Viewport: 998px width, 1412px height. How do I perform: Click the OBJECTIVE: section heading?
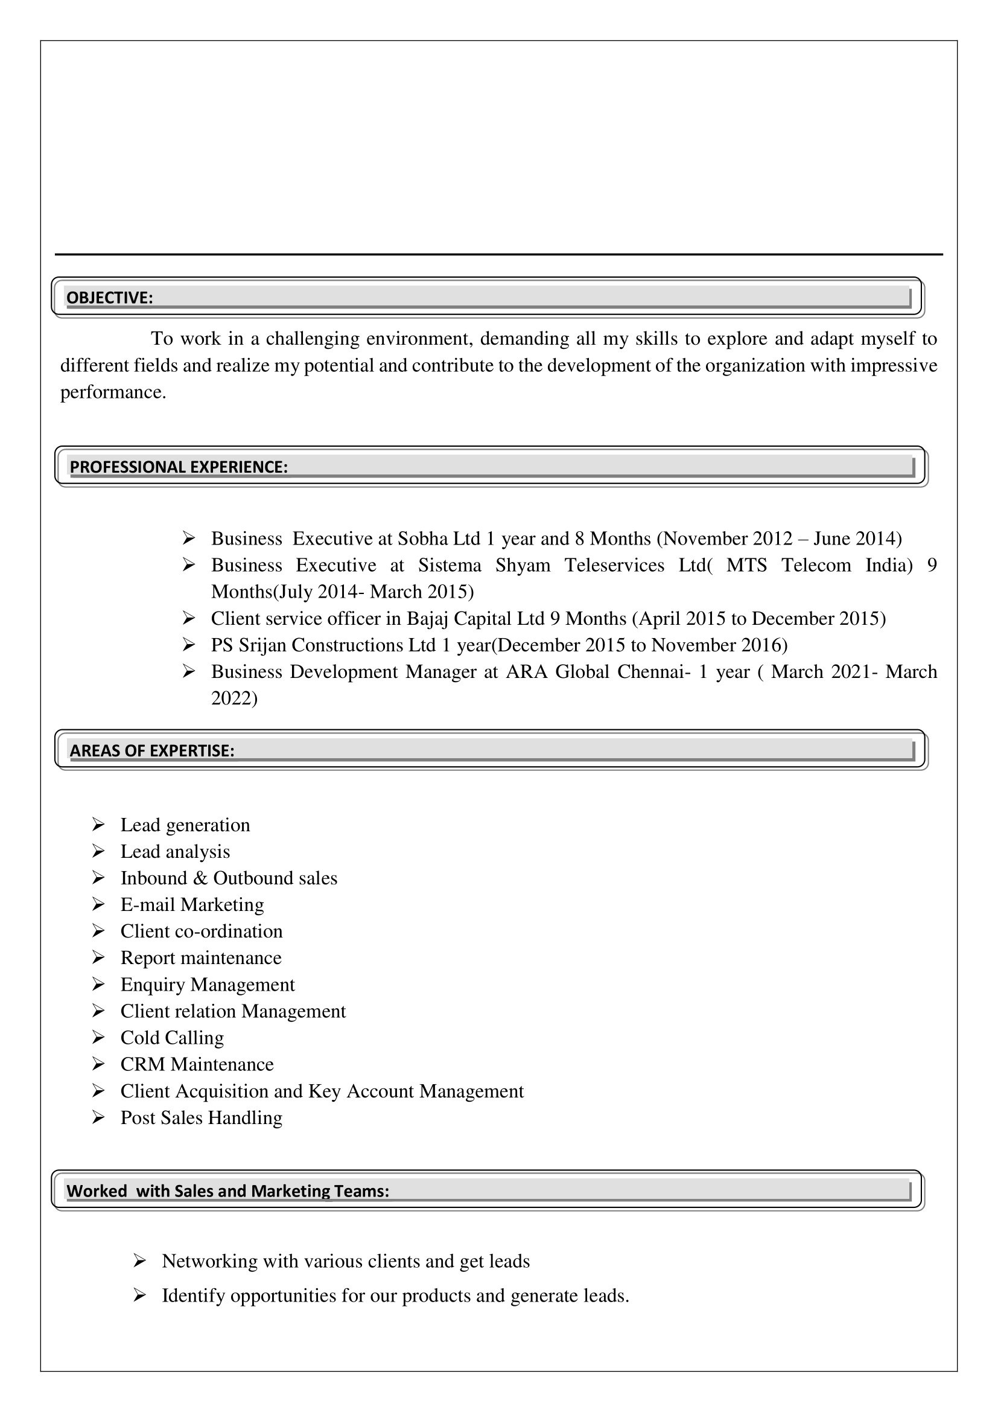click(x=109, y=298)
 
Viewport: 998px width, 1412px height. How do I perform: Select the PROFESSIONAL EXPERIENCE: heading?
click(x=178, y=467)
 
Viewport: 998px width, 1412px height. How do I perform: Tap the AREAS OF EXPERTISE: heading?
click(x=152, y=750)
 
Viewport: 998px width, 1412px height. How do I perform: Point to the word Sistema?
click(x=450, y=565)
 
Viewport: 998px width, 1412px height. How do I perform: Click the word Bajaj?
click(x=428, y=618)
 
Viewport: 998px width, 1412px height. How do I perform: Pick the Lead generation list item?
click(x=185, y=825)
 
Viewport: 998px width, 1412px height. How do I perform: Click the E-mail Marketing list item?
click(x=192, y=905)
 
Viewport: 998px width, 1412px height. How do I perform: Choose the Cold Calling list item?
click(x=172, y=1038)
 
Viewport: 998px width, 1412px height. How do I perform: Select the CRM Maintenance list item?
click(x=197, y=1064)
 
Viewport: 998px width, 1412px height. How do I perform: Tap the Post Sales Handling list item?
click(x=201, y=1117)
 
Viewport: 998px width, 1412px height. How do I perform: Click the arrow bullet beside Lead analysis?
click(x=98, y=851)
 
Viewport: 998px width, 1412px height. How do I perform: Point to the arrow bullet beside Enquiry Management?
click(x=98, y=984)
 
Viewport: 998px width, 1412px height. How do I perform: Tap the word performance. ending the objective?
click(x=113, y=392)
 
